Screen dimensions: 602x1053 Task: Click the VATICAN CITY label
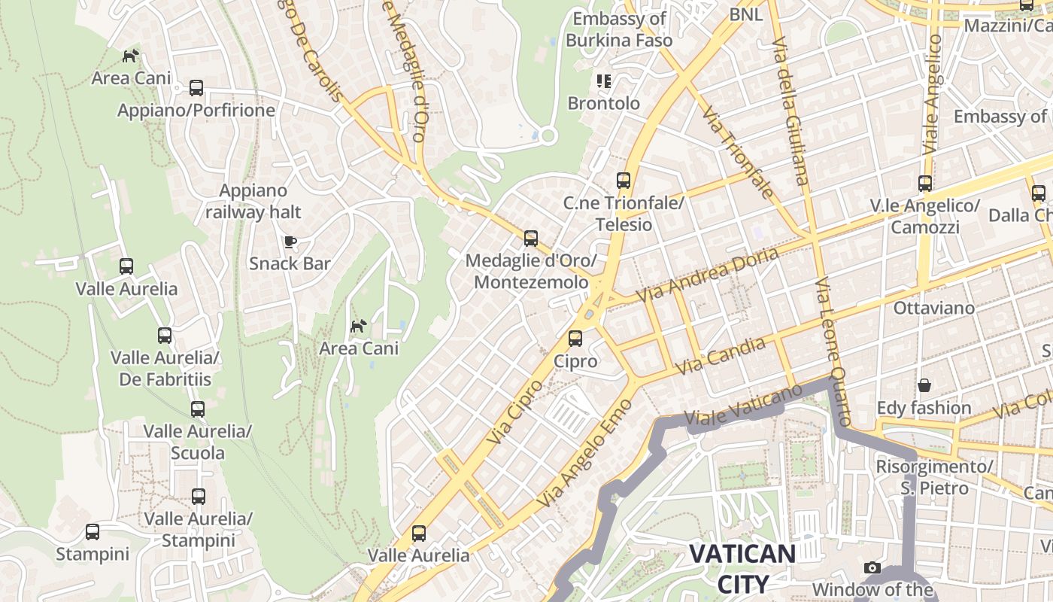click(x=742, y=569)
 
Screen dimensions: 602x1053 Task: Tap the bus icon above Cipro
click(x=575, y=339)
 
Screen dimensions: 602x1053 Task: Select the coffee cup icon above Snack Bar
click(x=290, y=242)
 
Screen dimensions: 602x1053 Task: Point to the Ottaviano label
click(x=933, y=308)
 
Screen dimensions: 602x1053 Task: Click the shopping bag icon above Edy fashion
click(x=924, y=385)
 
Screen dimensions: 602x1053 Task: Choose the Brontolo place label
click(x=603, y=103)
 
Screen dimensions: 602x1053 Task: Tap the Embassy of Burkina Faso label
click(x=619, y=29)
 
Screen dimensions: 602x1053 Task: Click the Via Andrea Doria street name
click(x=708, y=275)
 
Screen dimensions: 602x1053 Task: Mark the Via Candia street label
click(x=721, y=356)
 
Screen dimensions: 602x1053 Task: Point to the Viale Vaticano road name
click(x=744, y=406)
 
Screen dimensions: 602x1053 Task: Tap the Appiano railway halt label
click(x=253, y=201)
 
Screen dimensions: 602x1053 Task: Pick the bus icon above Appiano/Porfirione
click(x=196, y=88)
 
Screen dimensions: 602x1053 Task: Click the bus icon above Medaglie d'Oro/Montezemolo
click(x=531, y=239)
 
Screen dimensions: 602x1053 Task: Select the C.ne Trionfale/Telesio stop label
click(x=624, y=214)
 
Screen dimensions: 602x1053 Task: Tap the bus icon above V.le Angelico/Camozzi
click(x=925, y=183)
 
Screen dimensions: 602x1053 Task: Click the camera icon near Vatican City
click(x=872, y=567)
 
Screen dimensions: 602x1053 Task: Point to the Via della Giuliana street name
click(x=791, y=109)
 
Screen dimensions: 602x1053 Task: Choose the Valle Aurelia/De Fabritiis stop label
click(x=165, y=367)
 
